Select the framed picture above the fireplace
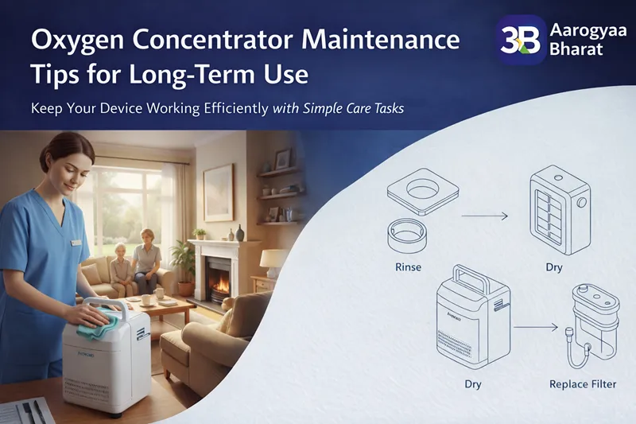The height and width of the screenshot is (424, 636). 219,192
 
